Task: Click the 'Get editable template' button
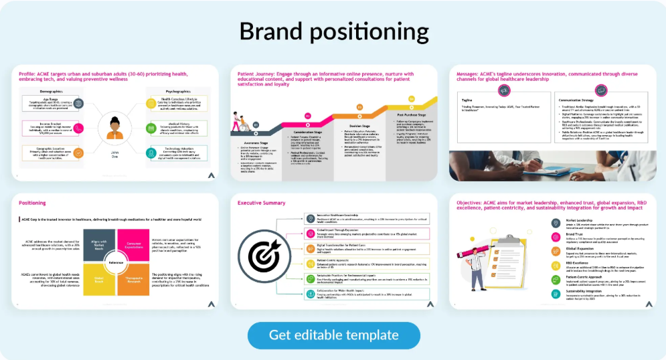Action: point(333,335)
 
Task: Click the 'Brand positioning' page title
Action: point(333,31)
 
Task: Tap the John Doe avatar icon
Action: point(112,127)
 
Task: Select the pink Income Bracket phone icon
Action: point(78,128)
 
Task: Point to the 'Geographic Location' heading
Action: point(42,147)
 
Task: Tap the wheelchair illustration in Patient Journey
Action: point(238,121)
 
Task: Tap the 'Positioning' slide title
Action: point(32,201)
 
